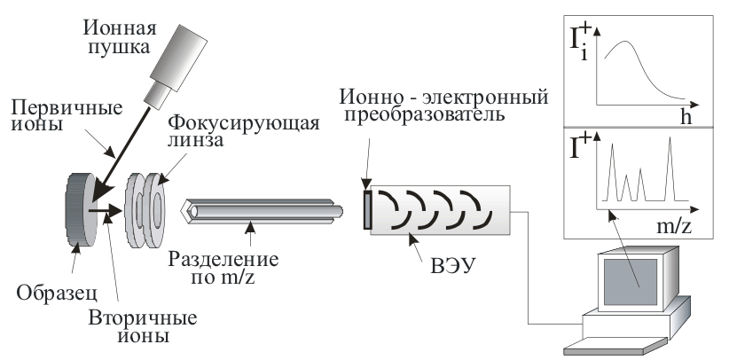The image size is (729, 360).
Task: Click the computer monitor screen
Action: pos(628,282)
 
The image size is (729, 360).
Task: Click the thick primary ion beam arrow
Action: pos(134,142)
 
